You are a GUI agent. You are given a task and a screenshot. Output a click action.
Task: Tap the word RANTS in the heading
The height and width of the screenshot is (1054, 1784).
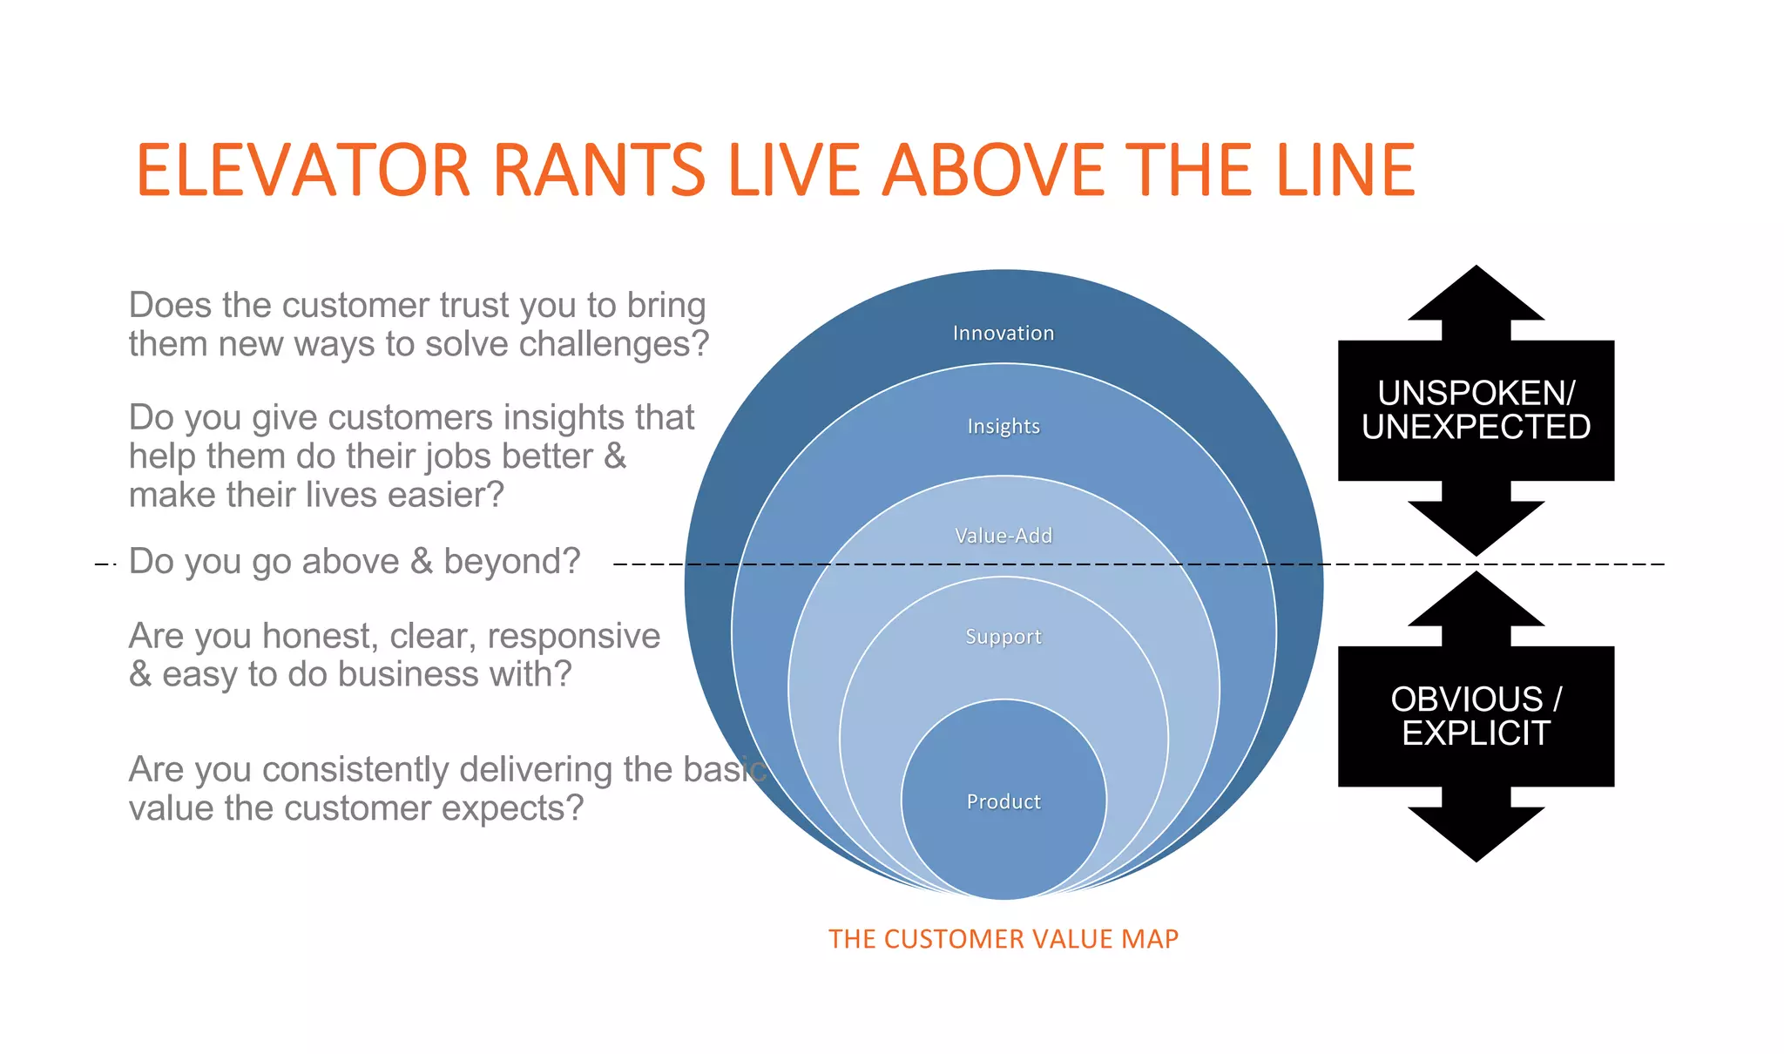pyautogui.click(x=599, y=170)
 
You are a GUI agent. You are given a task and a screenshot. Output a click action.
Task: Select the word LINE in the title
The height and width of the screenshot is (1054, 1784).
pyautogui.click(x=1346, y=170)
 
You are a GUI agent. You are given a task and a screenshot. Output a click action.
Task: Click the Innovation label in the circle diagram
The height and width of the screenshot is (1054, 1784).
pyautogui.click(x=1003, y=334)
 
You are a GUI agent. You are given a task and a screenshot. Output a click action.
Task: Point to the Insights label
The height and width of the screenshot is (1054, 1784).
pyautogui.click(x=1003, y=427)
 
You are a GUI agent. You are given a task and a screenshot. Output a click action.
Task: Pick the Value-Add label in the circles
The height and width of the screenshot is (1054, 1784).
pyautogui.click(x=1003, y=536)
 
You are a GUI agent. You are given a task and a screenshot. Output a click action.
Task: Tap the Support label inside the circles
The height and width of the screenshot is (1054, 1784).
pyautogui.click(x=1003, y=637)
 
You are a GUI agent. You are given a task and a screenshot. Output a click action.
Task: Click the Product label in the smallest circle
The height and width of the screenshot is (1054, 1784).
pyautogui.click(x=1003, y=802)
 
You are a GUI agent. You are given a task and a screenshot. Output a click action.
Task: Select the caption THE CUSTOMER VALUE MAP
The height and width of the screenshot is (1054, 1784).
pyautogui.click(x=1003, y=939)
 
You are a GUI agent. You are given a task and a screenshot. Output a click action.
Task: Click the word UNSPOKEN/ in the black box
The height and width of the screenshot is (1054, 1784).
pyautogui.click(x=1476, y=394)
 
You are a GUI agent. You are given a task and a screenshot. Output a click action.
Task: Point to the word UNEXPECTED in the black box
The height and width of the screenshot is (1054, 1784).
pyautogui.click(x=1476, y=428)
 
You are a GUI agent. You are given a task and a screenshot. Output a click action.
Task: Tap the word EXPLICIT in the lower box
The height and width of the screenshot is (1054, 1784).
pyautogui.click(x=1476, y=733)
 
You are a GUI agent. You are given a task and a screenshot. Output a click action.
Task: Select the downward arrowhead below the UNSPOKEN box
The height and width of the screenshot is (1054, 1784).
pyautogui.click(x=1476, y=527)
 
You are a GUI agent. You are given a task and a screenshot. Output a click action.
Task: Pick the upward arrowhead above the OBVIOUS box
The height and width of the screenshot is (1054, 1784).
pyautogui.click(x=1476, y=601)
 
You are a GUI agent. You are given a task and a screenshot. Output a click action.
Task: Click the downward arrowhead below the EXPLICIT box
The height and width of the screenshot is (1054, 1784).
pyautogui.click(x=1476, y=833)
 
